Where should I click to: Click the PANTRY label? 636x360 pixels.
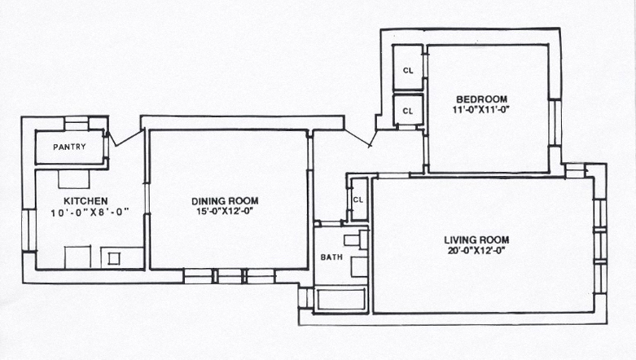click(x=69, y=147)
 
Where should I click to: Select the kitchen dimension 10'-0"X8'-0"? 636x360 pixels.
click(x=90, y=212)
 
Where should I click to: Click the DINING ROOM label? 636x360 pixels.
click(x=225, y=201)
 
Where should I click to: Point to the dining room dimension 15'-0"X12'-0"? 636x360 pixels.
click(x=225, y=211)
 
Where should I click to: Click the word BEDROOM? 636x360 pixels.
click(x=481, y=99)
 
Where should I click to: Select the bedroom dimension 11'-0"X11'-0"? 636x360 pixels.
click(x=480, y=110)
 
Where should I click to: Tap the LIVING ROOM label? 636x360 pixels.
click(x=476, y=240)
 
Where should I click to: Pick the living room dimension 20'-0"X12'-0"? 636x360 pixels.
click(x=476, y=250)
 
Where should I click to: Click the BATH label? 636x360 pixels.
click(x=331, y=257)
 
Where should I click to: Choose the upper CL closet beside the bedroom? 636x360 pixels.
click(x=408, y=67)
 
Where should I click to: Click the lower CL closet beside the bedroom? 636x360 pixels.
click(x=408, y=110)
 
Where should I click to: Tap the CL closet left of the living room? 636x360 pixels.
click(x=358, y=200)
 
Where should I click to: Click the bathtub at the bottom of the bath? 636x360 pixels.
click(x=340, y=301)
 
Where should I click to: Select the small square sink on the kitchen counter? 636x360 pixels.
click(x=113, y=258)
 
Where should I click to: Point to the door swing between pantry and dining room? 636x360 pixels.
click(x=125, y=137)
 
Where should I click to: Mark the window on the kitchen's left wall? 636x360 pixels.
click(x=29, y=230)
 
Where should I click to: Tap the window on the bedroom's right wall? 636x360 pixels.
click(x=555, y=122)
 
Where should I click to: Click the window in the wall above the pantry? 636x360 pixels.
click(x=77, y=123)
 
